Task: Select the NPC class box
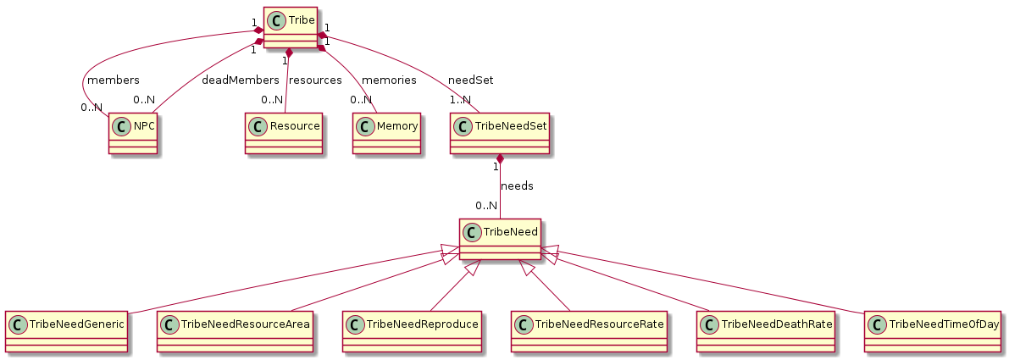(133, 133)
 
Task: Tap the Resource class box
(284, 133)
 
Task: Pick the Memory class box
(387, 133)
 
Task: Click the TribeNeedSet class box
(499, 133)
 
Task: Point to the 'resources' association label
(315, 80)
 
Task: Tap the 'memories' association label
(389, 80)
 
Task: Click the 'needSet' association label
(471, 80)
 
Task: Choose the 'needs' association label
(517, 186)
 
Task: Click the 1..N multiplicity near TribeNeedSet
(460, 100)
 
